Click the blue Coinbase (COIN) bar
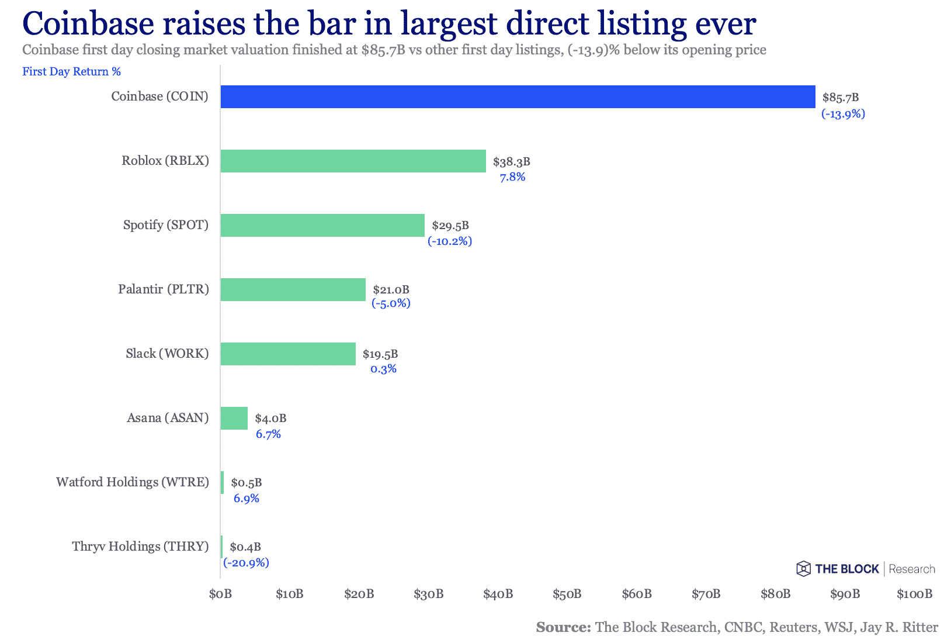click(x=518, y=97)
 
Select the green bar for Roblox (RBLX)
click(x=353, y=161)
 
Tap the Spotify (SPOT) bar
click(x=322, y=225)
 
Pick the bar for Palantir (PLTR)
click(x=293, y=289)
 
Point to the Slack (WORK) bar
click(x=288, y=354)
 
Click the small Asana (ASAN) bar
click(x=234, y=418)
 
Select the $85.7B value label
click(x=840, y=98)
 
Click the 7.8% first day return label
click(x=512, y=177)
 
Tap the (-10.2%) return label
click(x=449, y=241)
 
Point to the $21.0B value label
click(x=391, y=289)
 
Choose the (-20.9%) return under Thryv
click(x=246, y=562)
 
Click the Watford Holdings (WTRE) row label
click(x=132, y=482)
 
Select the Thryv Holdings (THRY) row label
click(x=140, y=547)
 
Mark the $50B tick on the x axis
click(x=567, y=594)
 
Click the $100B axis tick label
click(x=914, y=594)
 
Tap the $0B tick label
click(x=220, y=594)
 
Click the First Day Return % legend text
click(x=71, y=71)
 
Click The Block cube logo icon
click(x=803, y=569)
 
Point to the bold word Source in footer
click(x=563, y=627)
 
